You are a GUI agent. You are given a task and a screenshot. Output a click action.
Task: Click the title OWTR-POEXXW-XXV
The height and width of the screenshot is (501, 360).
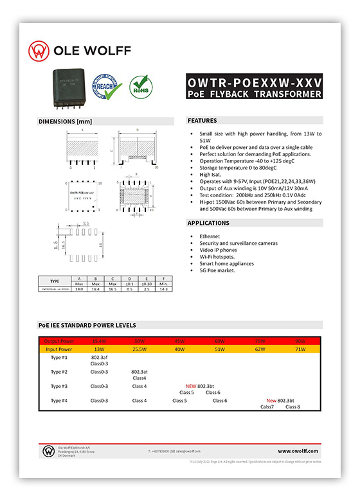pyautogui.click(x=254, y=83)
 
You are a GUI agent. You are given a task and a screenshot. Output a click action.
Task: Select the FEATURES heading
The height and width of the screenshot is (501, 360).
pyautogui.click(x=203, y=121)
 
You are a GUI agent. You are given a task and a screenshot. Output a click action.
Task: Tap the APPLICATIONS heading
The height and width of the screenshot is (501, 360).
pyautogui.click(x=208, y=223)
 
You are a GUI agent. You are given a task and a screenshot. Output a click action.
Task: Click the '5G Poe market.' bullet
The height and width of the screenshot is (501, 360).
pyautogui.click(x=219, y=270)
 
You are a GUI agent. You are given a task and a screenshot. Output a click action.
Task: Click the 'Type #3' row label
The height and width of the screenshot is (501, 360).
pyautogui.click(x=59, y=386)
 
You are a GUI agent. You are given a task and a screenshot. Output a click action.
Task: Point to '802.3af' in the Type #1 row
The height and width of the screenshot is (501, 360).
pyautogui.click(x=99, y=357)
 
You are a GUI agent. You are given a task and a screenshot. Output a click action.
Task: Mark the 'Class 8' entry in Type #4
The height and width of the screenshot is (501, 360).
pyautogui.click(x=292, y=407)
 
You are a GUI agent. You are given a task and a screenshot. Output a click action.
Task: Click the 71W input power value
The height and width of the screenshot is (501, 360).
pyautogui.click(x=300, y=349)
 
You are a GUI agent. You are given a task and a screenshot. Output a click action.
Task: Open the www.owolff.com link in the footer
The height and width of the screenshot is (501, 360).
pyautogui.click(x=298, y=451)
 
